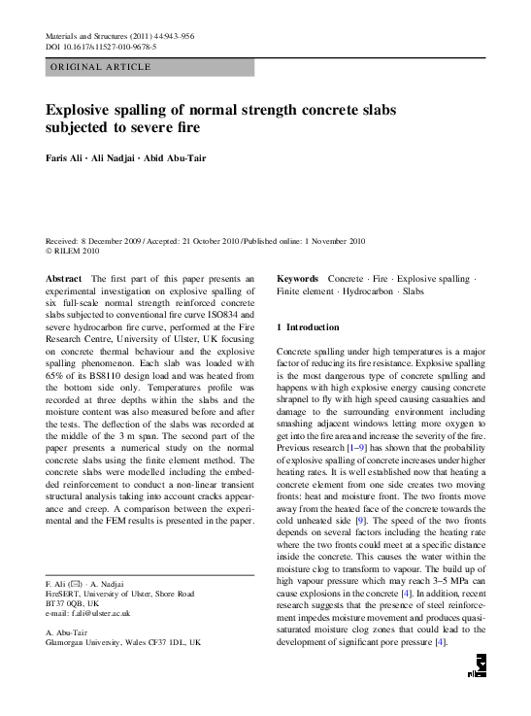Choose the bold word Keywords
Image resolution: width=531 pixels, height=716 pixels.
coord(299,279)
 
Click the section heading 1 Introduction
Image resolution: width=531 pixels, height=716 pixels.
coord(308,327)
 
